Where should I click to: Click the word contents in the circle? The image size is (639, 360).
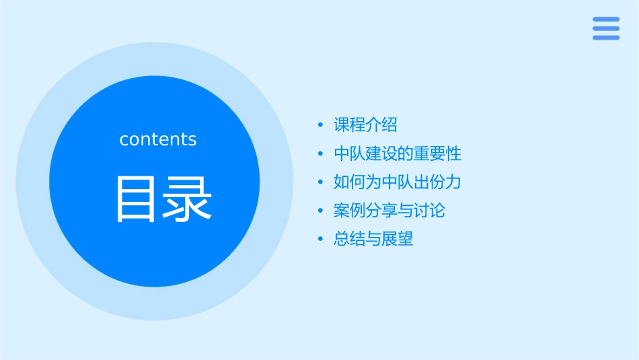coord(158,139)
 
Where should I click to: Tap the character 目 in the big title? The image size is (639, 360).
coord(137,199)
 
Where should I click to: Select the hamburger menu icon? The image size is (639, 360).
coord(606,29)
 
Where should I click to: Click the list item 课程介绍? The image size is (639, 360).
coord(365,124)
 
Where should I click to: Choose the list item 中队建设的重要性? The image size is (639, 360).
coord(398,153)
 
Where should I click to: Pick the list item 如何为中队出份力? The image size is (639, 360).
coord(397,182)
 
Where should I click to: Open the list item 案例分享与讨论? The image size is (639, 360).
coord(389,211)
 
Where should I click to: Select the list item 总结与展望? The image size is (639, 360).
coord(373,239)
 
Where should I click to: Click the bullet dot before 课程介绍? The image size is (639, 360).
coord(320,125)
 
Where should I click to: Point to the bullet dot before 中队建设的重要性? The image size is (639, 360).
coord(320,154)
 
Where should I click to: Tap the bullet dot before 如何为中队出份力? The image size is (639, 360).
coord(320,182)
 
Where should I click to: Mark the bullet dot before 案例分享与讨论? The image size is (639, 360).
coord(320,211)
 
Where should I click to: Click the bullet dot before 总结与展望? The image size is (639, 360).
coord(320,240)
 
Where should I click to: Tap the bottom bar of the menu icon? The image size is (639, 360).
coord(606,38)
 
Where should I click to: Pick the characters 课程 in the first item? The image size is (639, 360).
coord(349,124)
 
